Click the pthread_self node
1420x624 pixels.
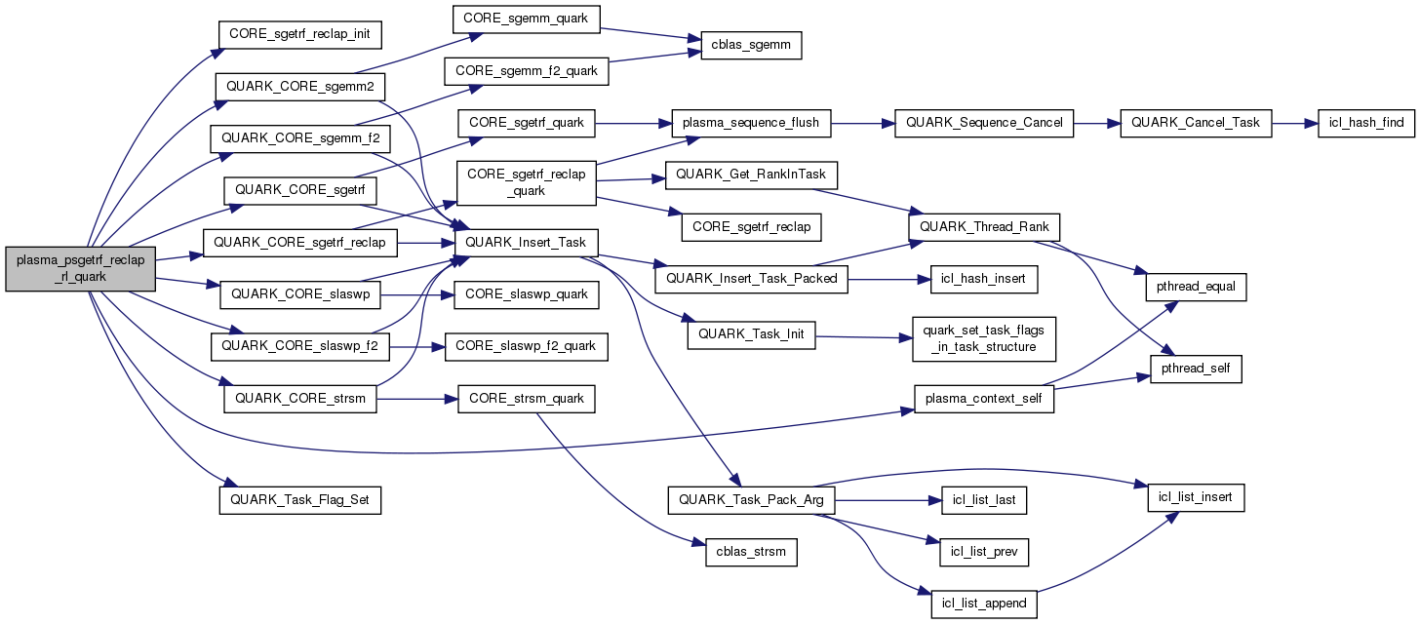point(1196,369)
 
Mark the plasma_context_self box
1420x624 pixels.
point(984,398)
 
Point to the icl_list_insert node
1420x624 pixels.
point(1196,497)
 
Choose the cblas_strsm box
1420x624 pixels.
point(751,552)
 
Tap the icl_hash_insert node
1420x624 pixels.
point(984,280)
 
